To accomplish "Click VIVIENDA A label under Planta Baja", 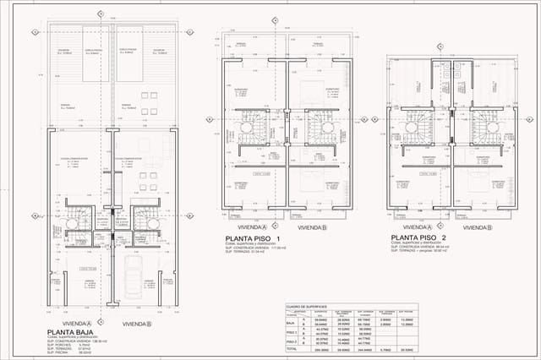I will pos(76,323).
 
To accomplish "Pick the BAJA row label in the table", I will pos(292,322).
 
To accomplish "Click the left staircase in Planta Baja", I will pos(72,221).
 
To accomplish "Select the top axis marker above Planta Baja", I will pos(100,14).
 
